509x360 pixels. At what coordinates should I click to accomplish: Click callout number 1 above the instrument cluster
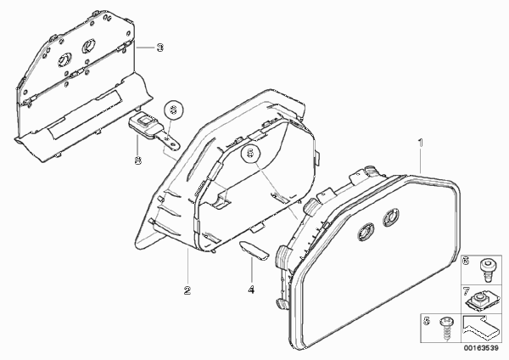421,143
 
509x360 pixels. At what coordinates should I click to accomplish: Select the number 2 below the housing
187,290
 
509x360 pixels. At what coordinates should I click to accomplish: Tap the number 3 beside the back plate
160,48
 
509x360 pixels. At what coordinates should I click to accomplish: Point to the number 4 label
251,290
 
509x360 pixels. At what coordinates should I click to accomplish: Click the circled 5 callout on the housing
250,153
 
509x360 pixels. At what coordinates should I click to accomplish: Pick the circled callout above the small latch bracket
174,110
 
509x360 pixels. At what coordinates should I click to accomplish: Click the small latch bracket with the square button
153,132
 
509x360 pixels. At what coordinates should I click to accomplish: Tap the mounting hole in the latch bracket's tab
168,140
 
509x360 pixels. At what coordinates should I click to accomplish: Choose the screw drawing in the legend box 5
445,329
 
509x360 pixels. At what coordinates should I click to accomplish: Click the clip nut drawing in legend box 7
479,301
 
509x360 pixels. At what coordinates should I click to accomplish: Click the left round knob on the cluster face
366,232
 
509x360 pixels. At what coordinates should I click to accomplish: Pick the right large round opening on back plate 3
88,46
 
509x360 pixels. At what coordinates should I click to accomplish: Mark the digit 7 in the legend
466,291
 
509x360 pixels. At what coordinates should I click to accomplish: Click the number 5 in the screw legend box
427,321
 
